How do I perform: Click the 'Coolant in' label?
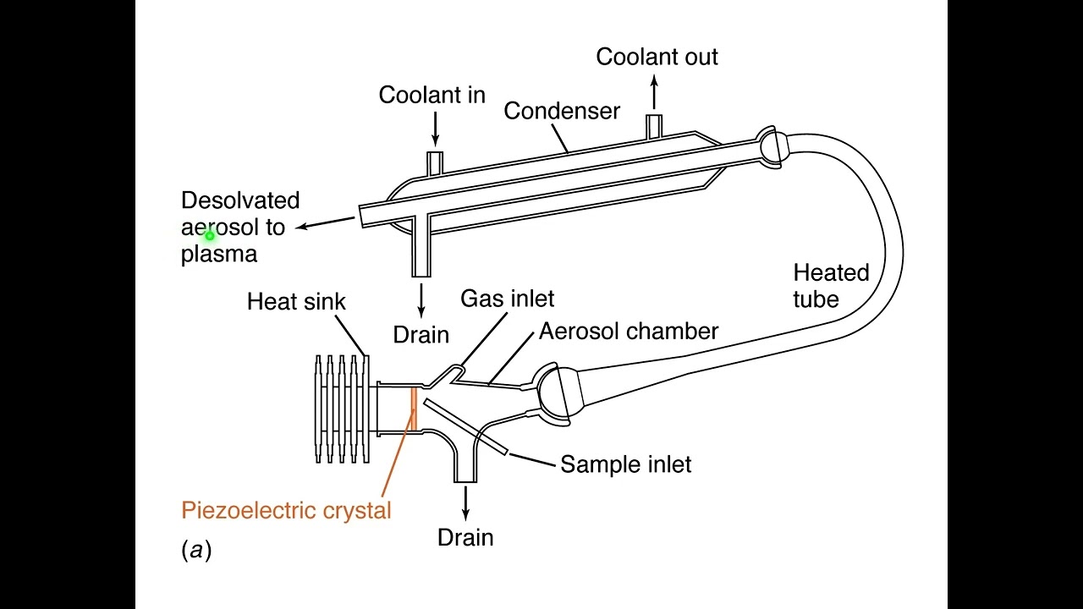(432, 95)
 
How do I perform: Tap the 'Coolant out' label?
(657, 57)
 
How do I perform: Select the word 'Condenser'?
(562, 111)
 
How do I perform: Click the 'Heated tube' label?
(830, 286)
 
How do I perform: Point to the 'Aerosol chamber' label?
(628, 331)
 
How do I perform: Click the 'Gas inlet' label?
(507, 299)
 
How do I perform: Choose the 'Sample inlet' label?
(625, 464)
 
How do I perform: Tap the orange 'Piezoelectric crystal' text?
(286, 510)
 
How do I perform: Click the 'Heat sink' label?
(296, 301)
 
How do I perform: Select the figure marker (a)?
(196, 551)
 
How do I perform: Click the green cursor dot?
(209, 236)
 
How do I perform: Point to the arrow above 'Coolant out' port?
(654, 91)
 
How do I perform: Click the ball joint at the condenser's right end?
(773, 145)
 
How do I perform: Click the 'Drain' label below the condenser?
(421, 334)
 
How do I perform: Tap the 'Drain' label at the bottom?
(465, 537)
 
